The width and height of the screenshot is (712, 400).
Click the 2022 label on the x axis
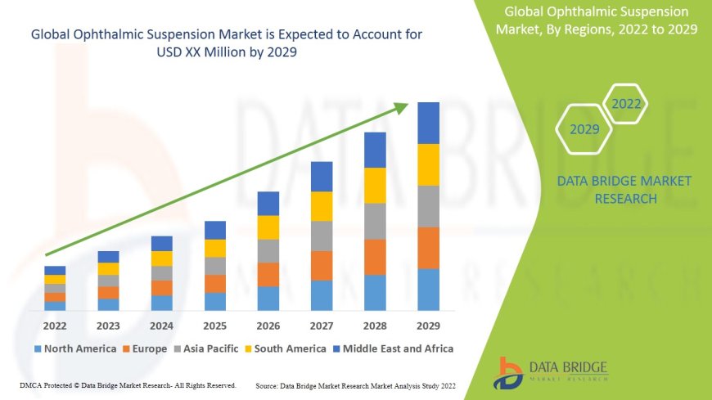(55, 325)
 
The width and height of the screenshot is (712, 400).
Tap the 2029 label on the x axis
(428, 325)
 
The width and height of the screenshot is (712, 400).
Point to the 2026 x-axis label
(268, 325)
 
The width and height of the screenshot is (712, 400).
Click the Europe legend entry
(148, 348)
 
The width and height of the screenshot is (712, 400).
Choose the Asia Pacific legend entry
(210, 348)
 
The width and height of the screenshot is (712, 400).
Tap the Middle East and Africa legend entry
(397, 348)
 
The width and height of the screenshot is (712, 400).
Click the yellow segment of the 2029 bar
(428, 164)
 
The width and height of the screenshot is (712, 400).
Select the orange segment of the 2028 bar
(375, 257)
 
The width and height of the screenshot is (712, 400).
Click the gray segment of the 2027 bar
(322, 236)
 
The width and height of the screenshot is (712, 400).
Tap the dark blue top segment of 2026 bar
(268, 204)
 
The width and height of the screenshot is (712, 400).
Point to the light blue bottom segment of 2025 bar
(215, 301)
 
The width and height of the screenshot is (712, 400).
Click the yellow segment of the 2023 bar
(108, 268)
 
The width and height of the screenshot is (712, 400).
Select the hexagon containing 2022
(626, 104)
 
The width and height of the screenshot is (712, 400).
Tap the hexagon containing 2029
(584, 129)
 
